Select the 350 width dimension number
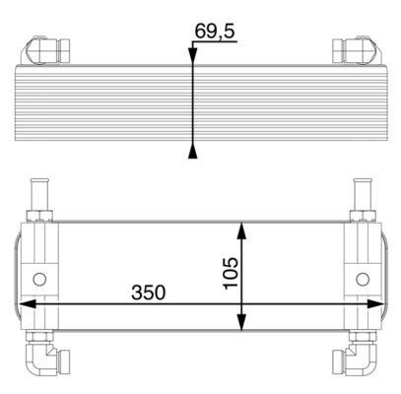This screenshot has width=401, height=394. point(147,293)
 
